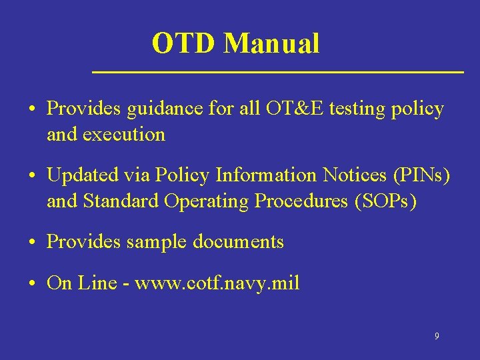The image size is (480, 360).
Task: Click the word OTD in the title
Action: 185,44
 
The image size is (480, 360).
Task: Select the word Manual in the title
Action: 271,44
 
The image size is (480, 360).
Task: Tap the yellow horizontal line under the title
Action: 277,71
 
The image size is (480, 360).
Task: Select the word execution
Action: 125,134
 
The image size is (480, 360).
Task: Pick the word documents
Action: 238,242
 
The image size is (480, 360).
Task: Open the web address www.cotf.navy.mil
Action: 217,283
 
